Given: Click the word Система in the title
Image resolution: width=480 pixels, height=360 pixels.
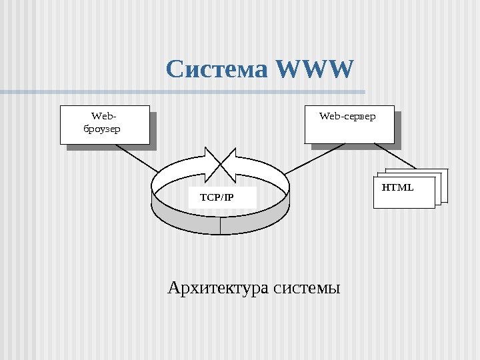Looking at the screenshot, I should coord(217,69).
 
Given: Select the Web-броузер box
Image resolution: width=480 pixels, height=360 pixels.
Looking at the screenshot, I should coord(104,125).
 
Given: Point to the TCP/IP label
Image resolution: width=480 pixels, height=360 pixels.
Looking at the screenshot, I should coord(217,197).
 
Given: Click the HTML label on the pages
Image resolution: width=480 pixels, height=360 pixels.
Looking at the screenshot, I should coord(397,187).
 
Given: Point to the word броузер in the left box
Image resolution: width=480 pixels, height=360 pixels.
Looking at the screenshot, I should coord(102,129).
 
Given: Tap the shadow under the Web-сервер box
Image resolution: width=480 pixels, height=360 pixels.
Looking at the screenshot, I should coord(353,146).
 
